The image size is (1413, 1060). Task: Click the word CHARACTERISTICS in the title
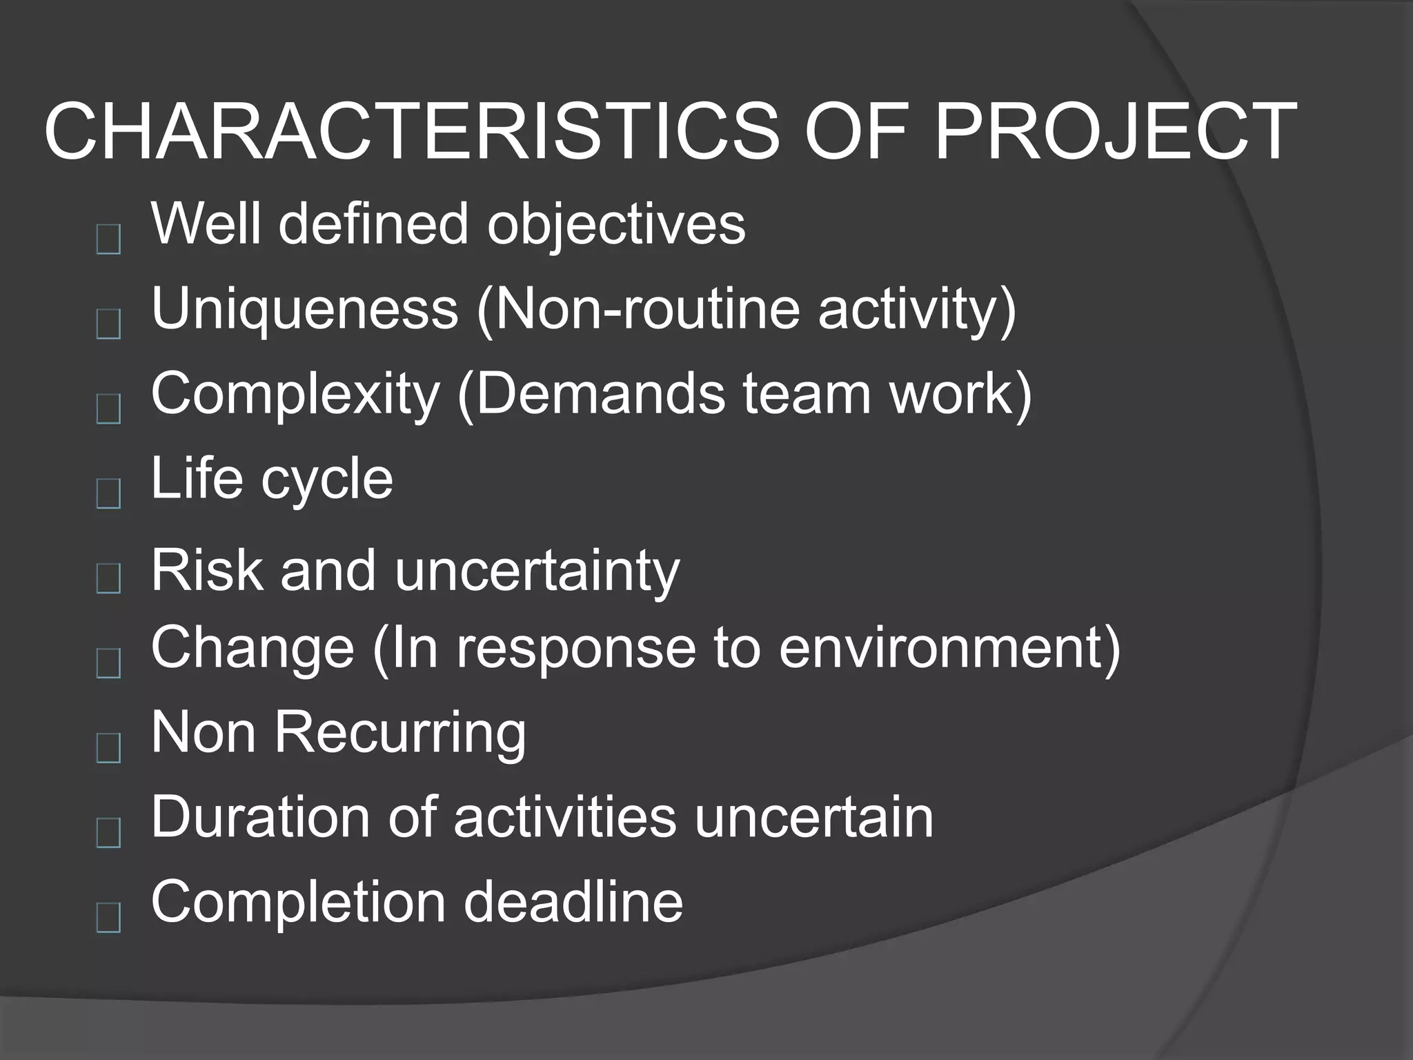point(411,132)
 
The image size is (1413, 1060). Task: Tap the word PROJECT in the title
point(1116,132)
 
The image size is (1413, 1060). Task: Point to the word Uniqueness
point(304,308)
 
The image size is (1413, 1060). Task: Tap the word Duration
point(260,817)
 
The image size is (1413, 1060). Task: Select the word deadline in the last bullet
point(573,901)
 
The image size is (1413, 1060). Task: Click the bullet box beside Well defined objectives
point(108,239)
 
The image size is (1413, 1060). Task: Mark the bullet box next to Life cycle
point(108,493)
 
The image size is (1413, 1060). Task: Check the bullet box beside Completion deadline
point(108,918)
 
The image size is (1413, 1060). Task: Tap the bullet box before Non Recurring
point(108,748)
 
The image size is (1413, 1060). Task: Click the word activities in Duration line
point(564,817)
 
